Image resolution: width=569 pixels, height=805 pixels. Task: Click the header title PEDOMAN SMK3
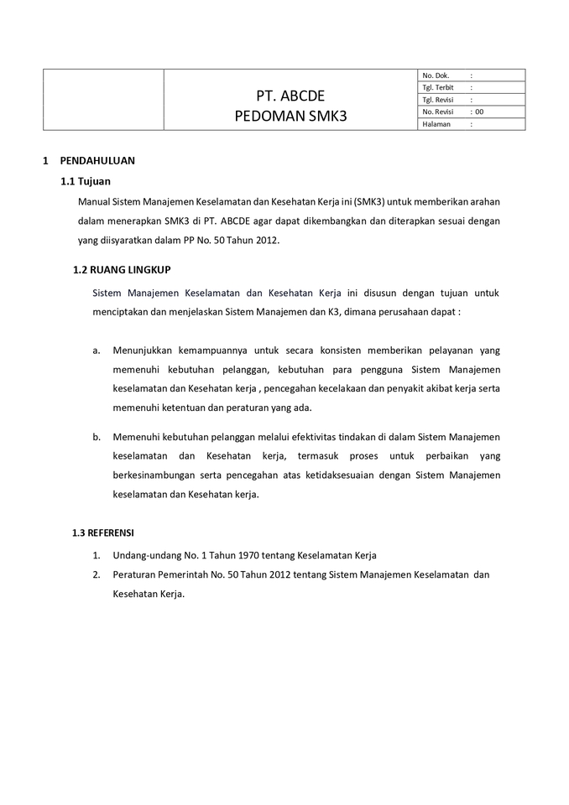point(290,116)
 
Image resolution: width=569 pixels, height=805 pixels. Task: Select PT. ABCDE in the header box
point(290,95)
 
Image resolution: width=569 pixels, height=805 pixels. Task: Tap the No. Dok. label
point(436,75)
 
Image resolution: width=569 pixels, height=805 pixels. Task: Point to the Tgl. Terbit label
point(439,87)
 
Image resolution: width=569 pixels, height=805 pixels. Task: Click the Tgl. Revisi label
point(439,100)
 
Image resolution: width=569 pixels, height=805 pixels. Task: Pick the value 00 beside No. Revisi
point(479,112)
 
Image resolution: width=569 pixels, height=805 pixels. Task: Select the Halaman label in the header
point(437,124)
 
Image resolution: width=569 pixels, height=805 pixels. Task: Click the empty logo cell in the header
point(103,100)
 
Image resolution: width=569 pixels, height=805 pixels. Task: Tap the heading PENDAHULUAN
point(97,160)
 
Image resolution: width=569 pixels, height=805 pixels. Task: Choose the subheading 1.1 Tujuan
point(86,181)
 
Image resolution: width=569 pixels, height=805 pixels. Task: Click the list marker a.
point(97,350)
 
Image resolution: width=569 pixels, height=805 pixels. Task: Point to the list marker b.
point(97,436)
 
